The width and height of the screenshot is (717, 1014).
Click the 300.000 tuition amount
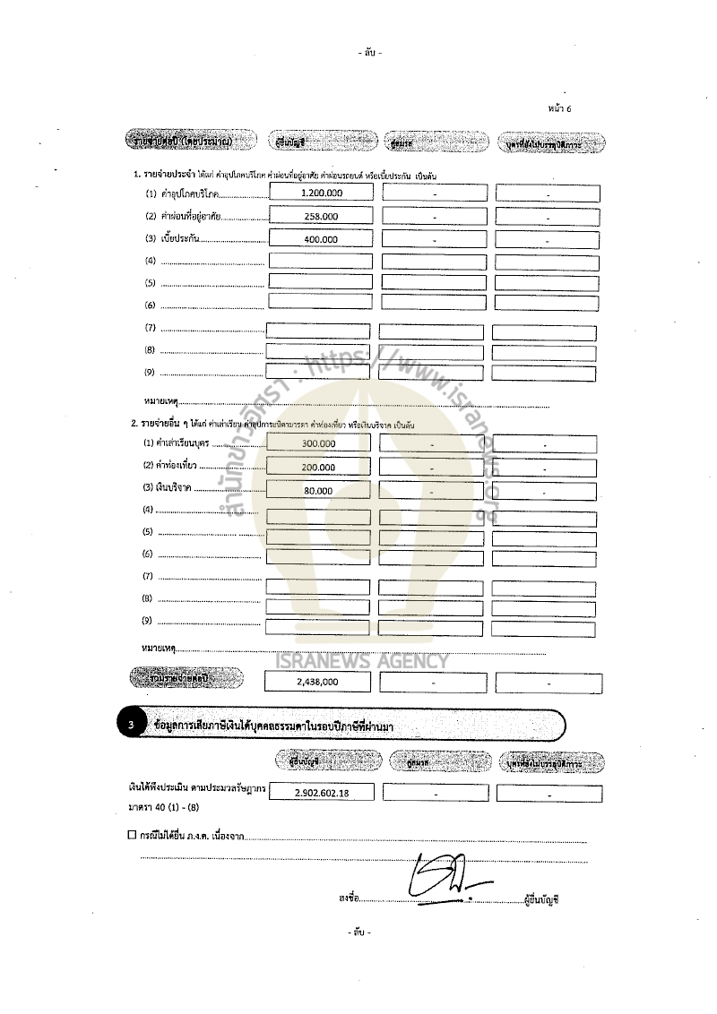coord(318,444)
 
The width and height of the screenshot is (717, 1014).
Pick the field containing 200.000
coord(318,468)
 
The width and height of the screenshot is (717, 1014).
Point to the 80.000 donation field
coord(318,491)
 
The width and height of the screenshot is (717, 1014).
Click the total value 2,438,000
coord(317,683)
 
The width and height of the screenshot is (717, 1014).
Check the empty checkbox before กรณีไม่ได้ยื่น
coord(132,836)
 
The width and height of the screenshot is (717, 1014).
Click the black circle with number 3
coord(131,725)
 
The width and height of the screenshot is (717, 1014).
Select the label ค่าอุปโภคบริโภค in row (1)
coord(188,194)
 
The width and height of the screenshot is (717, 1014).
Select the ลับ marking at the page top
coord(369,53)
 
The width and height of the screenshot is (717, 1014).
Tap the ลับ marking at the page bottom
coord(358,932)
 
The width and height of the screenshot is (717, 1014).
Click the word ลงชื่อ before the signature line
coord(349,896)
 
